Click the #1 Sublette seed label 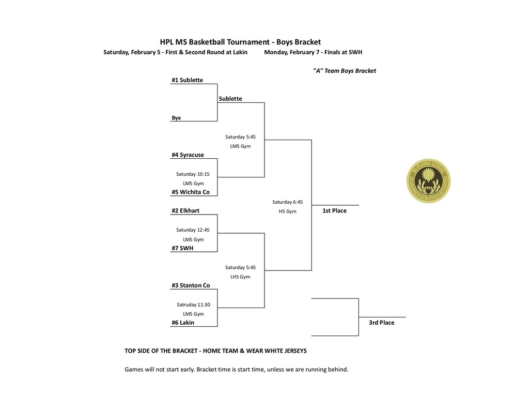point(187,80)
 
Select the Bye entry point(176,118)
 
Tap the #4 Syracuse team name point(188,155)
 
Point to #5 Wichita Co point(191,192)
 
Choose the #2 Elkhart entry point(185,210)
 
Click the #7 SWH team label point(182,248)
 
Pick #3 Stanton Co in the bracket point(191,285)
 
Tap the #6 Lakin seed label point(183,322)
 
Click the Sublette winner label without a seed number point(230,99)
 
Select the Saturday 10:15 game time point(193,174)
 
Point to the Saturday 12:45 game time point(193,230)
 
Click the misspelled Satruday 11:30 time point(193,305)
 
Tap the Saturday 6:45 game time point(287,202)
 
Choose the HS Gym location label point(287,211)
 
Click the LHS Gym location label point(240,277)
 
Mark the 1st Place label point(334,210)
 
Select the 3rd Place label point(381,322)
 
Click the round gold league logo point(428,180)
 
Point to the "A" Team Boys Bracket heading point(344,71)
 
